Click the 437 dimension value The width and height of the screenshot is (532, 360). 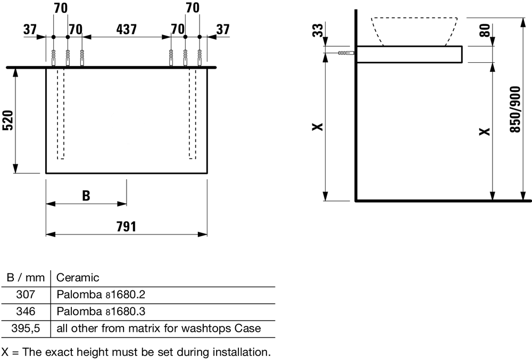click(126, 29)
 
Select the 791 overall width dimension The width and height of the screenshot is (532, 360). click(126, 227)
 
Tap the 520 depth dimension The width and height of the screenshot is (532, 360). click(8, 120)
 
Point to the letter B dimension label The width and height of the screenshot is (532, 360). click(86, 196)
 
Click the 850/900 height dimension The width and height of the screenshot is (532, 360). click(515, 110)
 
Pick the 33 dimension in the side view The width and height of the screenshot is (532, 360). click(318, 30)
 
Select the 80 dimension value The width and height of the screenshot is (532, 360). click(485, 30)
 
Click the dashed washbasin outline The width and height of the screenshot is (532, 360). click(414, 31)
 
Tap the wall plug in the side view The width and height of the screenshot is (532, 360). click(346, 53)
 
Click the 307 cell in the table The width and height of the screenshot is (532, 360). click(26, 294)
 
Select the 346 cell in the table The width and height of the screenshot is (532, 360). click(26, 311)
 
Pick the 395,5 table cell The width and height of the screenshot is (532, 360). click(26, 328)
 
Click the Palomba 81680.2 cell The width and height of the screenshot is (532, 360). click(101, 294)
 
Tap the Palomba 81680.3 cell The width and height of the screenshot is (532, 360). click(101, 311)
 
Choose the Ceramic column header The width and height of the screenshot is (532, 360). click(78, 278)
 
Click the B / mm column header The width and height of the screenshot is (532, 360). click(26, 278)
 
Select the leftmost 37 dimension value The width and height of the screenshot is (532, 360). click(30, 29)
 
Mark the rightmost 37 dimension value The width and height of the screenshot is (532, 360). click(223, 29)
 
